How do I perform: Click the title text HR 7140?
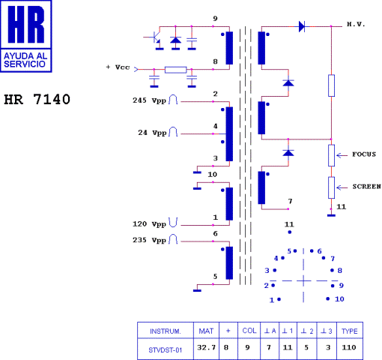click(x=37, y=99)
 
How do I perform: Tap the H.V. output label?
click(x=355, y=25)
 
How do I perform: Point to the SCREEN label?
click(x=366, y=186)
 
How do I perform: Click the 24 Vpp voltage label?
click(x=151, y=133)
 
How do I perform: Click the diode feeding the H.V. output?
click(x=301, y=27)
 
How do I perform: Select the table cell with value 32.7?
click(x=206, y=347)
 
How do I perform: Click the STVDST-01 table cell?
click(x=166, y=347)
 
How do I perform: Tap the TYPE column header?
click(x=349, y=330)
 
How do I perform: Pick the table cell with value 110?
click(x=349, y=347)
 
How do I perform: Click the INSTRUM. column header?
click(x=166, y=330)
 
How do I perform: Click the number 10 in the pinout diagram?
click(x=339, y=298)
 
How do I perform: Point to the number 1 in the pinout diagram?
click(x=271, y=300)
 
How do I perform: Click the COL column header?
click(x=249, y=330)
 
